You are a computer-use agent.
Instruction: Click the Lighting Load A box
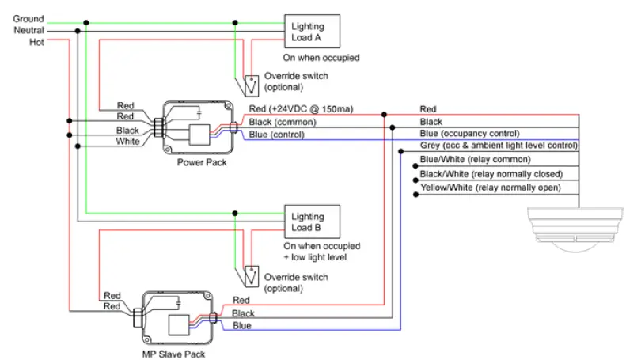(313, 32)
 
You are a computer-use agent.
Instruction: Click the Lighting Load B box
(313, 222)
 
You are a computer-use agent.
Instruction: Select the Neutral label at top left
(29, 30)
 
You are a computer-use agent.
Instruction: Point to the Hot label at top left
(36, 42)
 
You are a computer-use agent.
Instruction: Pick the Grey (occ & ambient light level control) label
(499, 146)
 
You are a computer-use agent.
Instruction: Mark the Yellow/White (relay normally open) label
(490, 188)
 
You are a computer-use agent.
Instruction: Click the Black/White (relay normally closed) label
(491, 173)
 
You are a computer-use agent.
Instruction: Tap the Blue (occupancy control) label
(469, 133)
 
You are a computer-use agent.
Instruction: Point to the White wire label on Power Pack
(128, 142)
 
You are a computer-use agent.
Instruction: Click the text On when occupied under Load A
(321, 58)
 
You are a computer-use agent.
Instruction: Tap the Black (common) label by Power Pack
(283, 122)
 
